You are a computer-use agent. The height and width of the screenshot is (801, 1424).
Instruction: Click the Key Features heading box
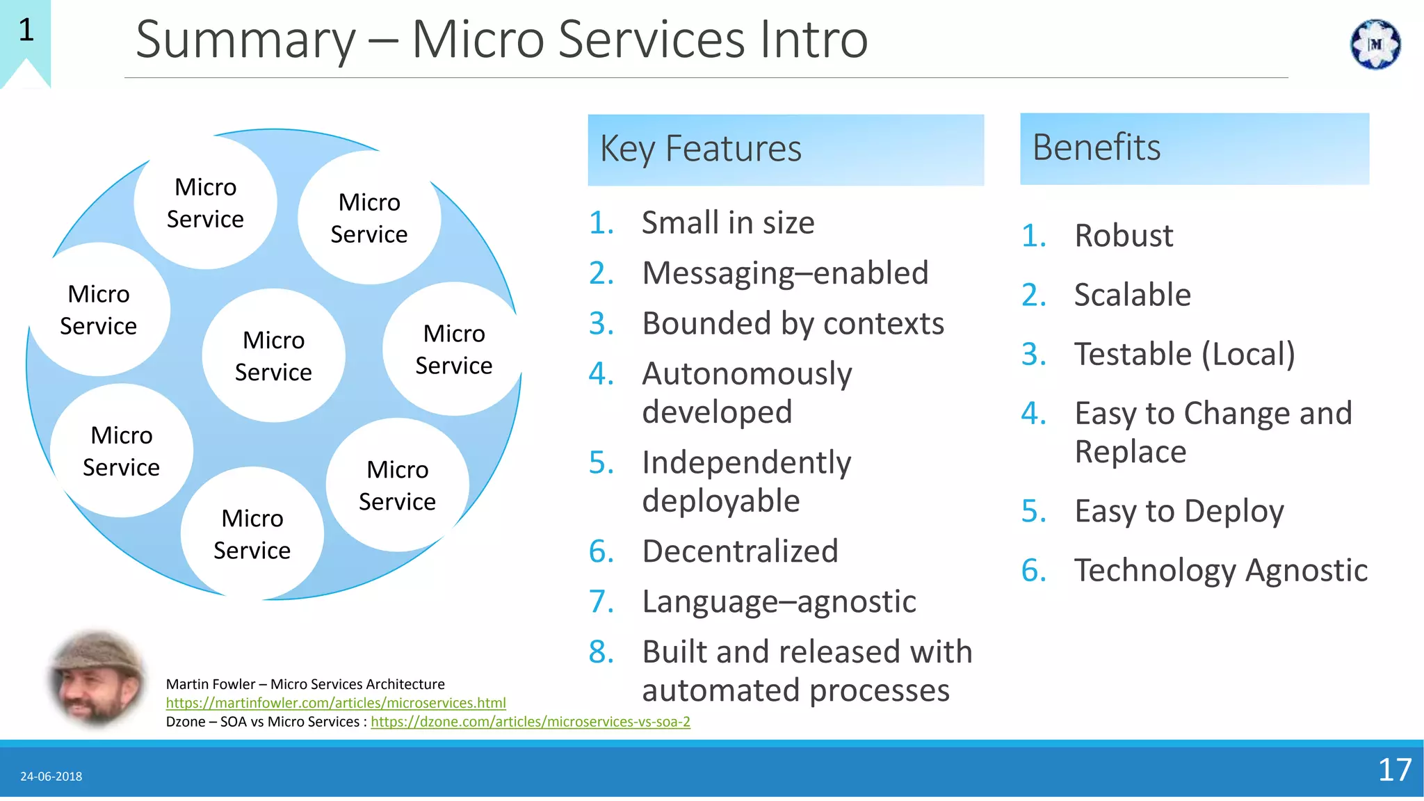point(785,149)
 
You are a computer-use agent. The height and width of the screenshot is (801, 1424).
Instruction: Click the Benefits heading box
point(1194,148)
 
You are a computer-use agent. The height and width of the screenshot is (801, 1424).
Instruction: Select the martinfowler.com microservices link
point(336,703)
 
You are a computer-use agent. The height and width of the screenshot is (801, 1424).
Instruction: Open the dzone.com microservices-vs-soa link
point(530,722)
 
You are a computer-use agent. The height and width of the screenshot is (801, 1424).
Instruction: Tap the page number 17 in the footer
point(1394,770)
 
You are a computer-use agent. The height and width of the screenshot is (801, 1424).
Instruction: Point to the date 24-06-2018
point(51,777)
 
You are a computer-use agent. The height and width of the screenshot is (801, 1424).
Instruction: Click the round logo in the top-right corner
point(1375,44)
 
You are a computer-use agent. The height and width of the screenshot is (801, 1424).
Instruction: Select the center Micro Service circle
point(273,356)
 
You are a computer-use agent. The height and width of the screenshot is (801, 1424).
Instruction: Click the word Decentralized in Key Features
point(740,551)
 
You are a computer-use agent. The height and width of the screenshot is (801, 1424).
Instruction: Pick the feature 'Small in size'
point(727,223)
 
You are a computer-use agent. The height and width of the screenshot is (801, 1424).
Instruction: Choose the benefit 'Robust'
point(1124,236)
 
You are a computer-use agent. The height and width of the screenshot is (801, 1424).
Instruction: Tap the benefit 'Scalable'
point(1132,295)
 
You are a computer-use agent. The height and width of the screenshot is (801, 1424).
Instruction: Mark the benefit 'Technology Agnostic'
point(1220,571)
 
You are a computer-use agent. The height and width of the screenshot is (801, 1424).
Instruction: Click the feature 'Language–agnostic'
point(779,602)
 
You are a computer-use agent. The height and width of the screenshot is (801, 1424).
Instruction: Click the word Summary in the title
point(245,40)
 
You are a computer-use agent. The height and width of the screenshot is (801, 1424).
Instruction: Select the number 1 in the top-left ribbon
point(26,30)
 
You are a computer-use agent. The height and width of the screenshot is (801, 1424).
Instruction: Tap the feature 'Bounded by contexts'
point(793,324)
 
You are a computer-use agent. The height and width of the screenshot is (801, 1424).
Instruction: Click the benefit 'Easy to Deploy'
point(1179,512)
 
